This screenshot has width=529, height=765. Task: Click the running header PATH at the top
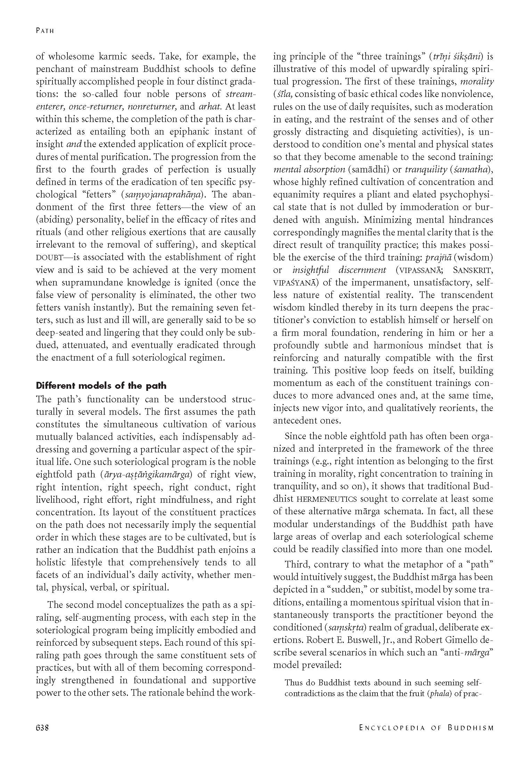point(45,31)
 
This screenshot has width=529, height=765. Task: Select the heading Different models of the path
point(101,386)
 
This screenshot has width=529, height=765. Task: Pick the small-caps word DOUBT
point(49,258)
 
